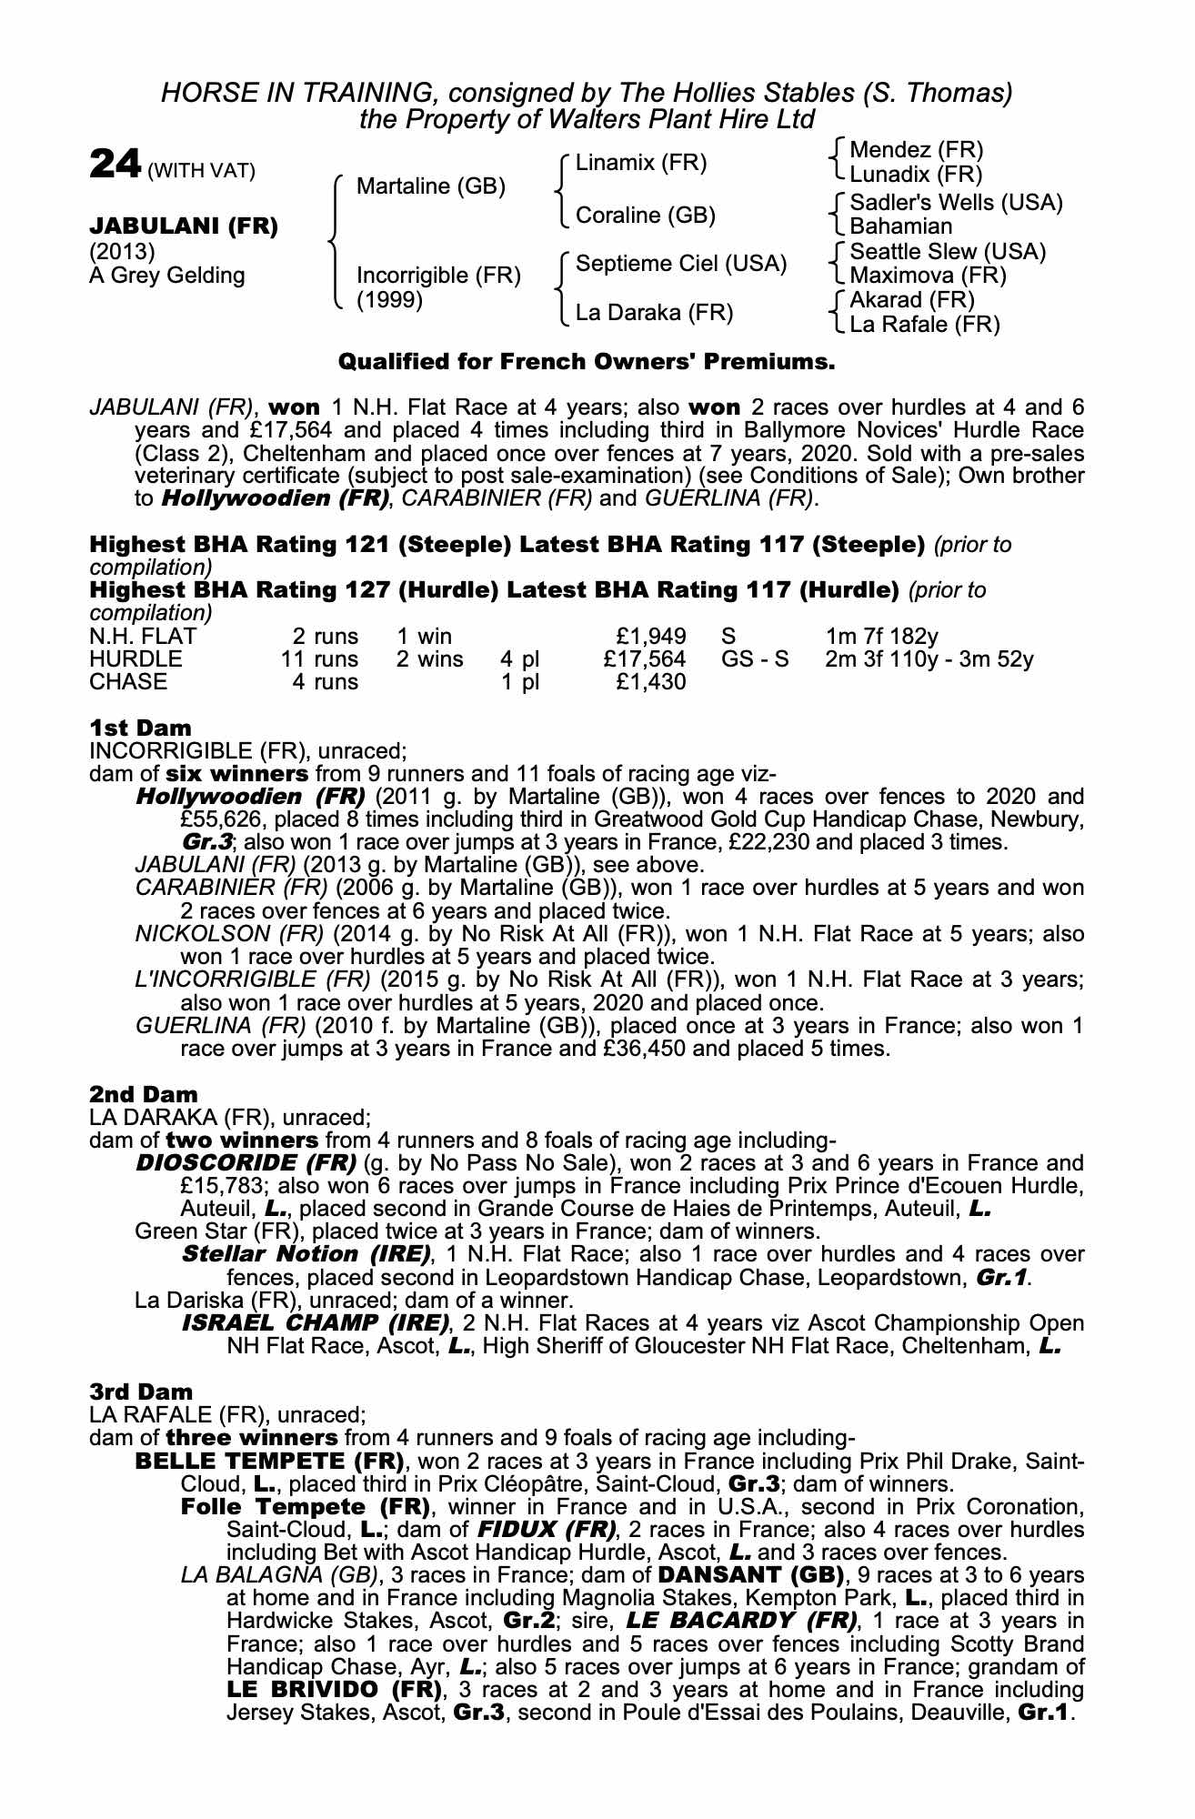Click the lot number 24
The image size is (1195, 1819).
115,165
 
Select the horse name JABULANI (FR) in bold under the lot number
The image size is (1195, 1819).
183,226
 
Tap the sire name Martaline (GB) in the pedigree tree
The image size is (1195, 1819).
430,186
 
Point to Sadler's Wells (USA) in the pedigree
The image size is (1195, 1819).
956,203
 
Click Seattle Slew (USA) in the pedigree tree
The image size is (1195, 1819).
948,252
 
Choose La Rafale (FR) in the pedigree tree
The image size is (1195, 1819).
924,324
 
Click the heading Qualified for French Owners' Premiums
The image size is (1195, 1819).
587,362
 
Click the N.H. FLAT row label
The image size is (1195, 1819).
143,636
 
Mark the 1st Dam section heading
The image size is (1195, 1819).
141,728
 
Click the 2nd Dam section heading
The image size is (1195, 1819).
144,1094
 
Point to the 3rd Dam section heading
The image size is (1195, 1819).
141,1392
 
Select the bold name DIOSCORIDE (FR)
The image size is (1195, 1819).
246,1163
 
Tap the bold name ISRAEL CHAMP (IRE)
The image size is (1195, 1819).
316,1322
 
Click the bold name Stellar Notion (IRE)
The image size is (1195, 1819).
306,1254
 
